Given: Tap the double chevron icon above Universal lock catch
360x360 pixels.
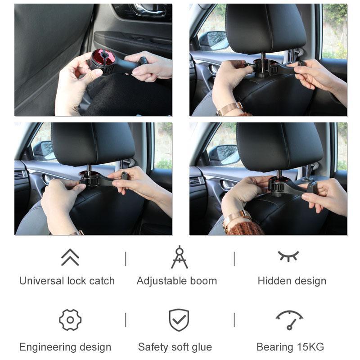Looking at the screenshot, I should [x=70, y=257].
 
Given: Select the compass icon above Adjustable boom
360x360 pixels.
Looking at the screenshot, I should [x=179, y=257].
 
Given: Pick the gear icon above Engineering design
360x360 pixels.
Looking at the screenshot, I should [x=70, y=320].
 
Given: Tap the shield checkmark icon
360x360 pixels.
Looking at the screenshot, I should [x=179, y=320].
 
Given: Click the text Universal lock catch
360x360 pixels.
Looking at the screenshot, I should [x=67, y=281].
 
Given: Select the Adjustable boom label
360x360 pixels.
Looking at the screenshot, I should [x=177, y=281].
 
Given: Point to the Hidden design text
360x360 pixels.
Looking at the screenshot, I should [x=292, y=281].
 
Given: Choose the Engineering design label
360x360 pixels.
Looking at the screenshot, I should [x=65, y=347].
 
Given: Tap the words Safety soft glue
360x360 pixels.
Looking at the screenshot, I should [x=175, y=347].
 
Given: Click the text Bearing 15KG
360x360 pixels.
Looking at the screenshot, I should [x=290, y=347].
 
